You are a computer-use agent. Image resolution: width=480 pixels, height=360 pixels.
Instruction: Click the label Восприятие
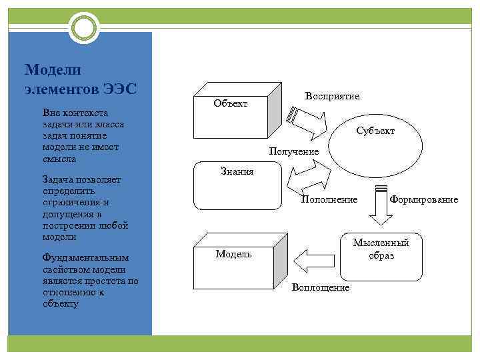(332, 96)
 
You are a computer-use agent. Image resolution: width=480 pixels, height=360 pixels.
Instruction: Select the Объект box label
(230, 103)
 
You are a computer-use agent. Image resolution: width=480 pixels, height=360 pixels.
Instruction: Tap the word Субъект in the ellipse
(375, 131)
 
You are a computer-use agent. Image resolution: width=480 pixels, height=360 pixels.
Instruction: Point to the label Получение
(293, 152)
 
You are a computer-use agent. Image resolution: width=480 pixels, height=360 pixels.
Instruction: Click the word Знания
(237, 172)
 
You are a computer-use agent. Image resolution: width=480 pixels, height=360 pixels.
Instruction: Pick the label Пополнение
(329, 199)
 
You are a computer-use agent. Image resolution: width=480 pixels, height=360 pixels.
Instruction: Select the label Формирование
(424, 199)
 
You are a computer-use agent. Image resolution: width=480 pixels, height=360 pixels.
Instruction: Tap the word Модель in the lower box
(233, 254)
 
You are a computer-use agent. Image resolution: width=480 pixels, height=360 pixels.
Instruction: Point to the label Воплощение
(320, 287)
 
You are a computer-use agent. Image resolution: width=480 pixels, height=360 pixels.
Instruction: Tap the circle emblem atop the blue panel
(83, 29)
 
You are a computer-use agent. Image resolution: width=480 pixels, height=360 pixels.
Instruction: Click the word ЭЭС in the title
(120, 88)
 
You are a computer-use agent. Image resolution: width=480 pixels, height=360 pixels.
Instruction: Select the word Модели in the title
(52, 70)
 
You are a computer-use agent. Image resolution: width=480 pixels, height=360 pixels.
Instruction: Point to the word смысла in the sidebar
(59, 159)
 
